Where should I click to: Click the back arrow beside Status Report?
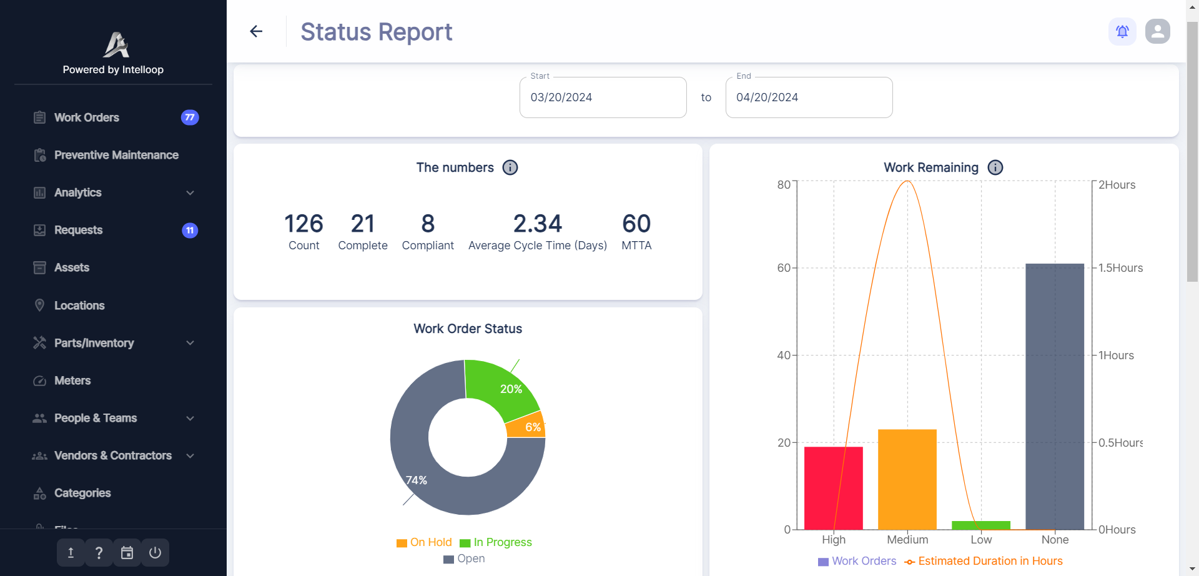tap(256, 31)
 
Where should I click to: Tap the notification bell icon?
tap(1122, 31)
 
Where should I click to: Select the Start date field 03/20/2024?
tap(603, 97)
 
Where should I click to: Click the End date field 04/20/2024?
tap(809, 97)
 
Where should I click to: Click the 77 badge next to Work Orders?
tap(190, 117)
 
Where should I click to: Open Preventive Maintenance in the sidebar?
tap(116, 155)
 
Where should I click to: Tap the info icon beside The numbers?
tap(510, 167)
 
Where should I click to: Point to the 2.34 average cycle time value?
tap(537, 224)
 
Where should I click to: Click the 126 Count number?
tap(303, 224)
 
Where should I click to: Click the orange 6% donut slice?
tap(528, 427)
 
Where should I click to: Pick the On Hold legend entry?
tap(425, 542)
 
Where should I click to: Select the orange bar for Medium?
tap(907, 481)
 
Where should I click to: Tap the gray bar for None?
tap(1055, 400)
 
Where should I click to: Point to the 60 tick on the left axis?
tap(783, 268)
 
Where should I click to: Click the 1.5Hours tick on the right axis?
tap(1120, 268)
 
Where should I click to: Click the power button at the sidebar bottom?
tap(155, 552)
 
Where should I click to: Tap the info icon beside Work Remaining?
tap(995, 167)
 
